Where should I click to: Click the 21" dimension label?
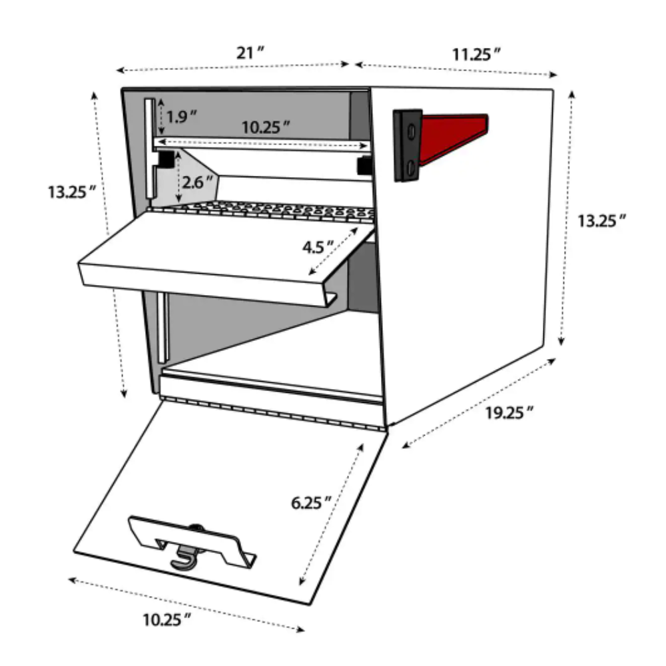pos(250,53)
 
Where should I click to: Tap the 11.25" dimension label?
pos(476,55)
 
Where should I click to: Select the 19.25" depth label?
pos(509,412)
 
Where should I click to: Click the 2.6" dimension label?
pos(197,182)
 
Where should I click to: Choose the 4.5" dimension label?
pos(318,247)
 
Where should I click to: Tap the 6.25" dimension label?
pos(310,503)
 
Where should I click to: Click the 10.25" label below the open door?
pos(166,619)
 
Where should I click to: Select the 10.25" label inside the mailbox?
pos(266,127)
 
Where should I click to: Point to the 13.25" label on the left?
pos(72,192)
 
